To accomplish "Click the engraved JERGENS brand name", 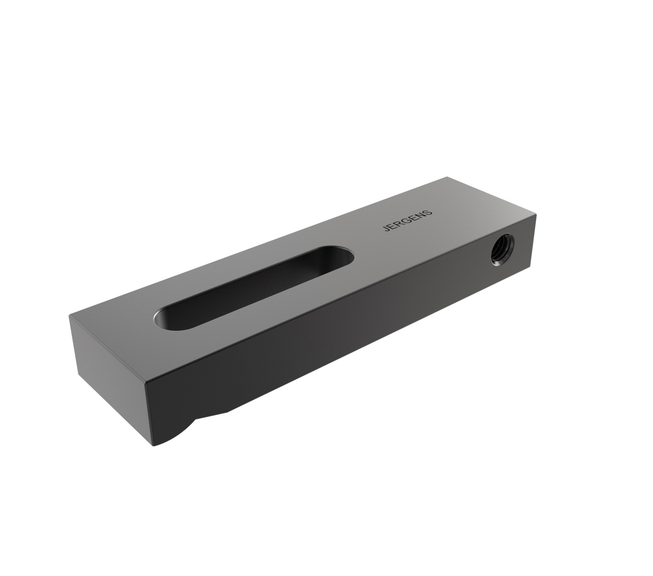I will pos(408,220).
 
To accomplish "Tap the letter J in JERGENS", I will pos(387,230).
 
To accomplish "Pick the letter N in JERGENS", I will pos(422,214).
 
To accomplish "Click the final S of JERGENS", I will pos(429,211).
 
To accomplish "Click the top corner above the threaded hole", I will pos(534,218).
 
